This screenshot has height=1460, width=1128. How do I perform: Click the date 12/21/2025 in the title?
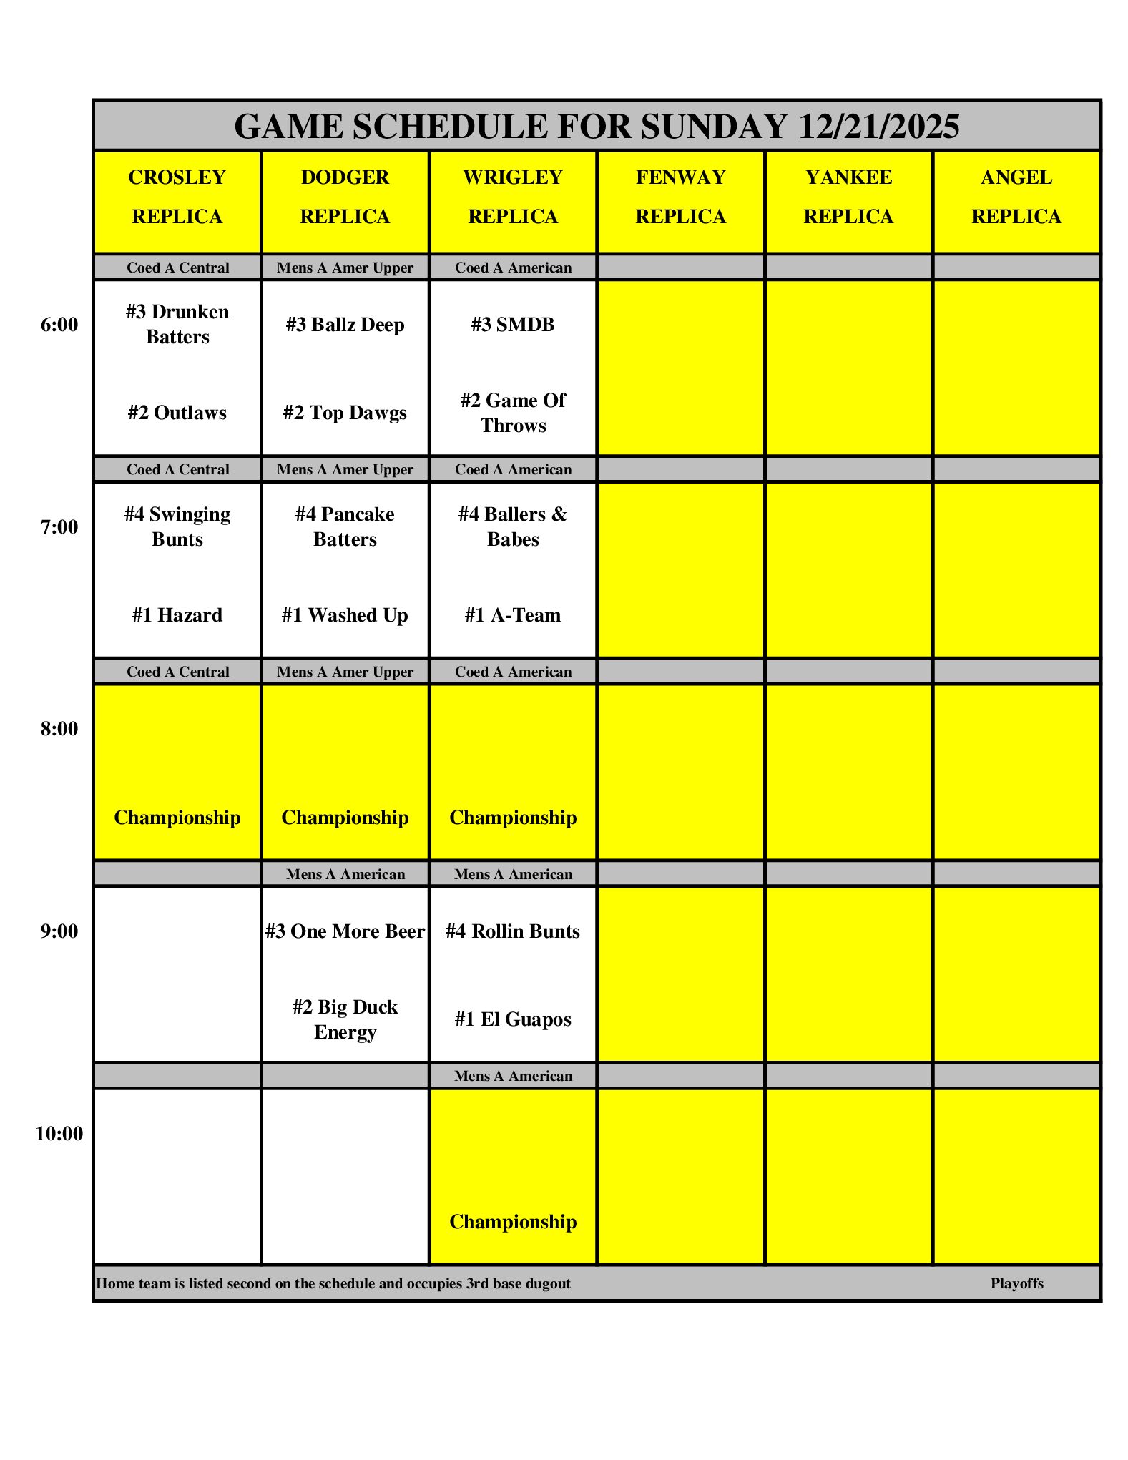(x=878, y=127)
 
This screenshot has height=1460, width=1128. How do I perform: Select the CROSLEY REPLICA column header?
(x=177, y=197)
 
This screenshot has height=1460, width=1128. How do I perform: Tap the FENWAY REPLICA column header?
(x=680, y=197)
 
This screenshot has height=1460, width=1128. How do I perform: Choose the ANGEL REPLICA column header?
(x=1016, y=197)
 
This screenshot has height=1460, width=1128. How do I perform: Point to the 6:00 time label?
(x=59, y=325)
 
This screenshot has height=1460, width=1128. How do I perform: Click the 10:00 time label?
(x=59, y=1134)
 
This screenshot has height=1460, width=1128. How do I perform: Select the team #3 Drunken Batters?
(x=177, y=324)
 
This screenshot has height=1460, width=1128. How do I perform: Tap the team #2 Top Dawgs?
(x=345, y=413)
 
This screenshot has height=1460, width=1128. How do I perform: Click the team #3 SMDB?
(x=513, y=325)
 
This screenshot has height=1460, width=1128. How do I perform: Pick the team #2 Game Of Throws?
(x=513, y=413)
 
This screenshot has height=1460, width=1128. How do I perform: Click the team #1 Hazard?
(x=177, y=615)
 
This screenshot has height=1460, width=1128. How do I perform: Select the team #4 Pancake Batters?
(x=345, y=526)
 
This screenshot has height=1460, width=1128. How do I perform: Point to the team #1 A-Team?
(x=513, y=615)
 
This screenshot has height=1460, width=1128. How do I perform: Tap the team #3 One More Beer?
(x=345, y=931)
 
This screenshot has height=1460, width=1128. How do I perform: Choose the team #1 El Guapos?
(x=513, y=1019)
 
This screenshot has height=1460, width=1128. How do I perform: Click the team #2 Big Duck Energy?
(x=345, y=1019)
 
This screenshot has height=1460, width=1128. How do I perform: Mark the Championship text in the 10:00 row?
(x=513, y=1222)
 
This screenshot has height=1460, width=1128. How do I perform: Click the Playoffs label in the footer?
(x=1016, y=1283)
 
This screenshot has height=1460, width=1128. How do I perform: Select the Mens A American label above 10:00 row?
(x=513, y=1076)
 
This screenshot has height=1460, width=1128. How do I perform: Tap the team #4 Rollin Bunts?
(x=513, y=931)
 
